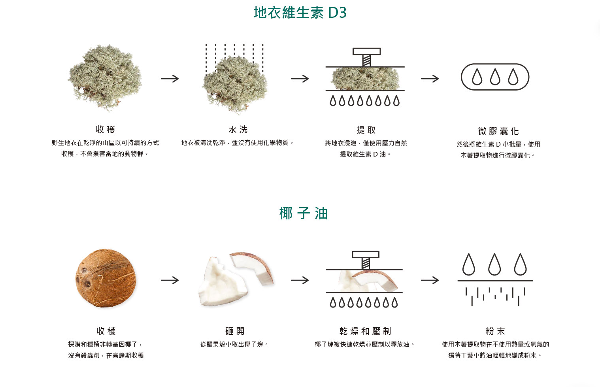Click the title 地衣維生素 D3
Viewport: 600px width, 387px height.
pos(300,13)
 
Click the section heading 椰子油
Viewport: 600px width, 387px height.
pos(304,213)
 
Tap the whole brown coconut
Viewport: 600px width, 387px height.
pos(106,278)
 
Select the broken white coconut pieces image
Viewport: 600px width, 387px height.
pos(235,279)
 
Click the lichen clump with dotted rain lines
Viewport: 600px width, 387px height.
pos(235,83)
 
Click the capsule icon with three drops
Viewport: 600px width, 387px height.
pos(495,77)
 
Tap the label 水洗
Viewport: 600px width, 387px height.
pos(238,130)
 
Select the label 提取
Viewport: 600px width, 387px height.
pos(366,130)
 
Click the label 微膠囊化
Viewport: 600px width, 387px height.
pos(498,131)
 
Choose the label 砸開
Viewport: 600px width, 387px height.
pos(235,331)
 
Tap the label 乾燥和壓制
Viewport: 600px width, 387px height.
pos(365,331)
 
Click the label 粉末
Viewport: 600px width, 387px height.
pos(495,331)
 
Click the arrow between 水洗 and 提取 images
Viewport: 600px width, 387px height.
pos(300,79)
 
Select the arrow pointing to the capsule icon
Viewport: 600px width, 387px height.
pos(430,79)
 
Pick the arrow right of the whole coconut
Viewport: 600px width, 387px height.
pos(170,280)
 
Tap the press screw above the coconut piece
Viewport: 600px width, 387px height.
pos(366,260)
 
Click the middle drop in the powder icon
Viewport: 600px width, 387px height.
pos(494,264)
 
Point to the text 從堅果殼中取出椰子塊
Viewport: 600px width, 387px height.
pos(234,344)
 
